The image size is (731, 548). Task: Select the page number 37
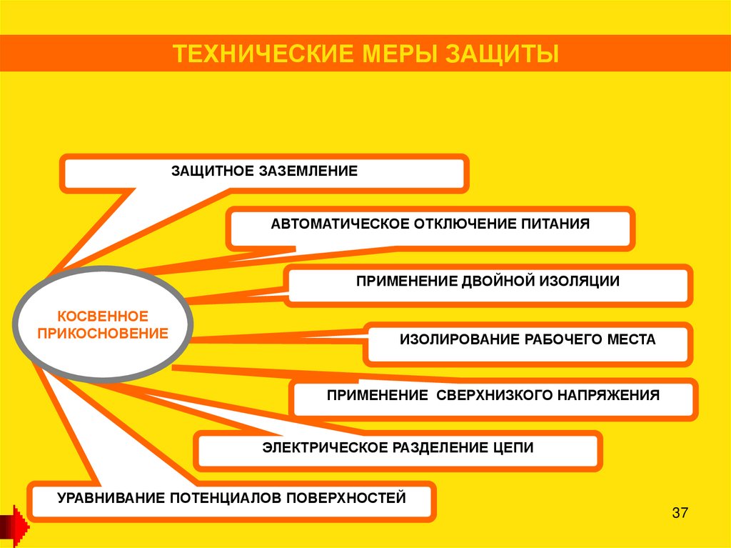pos(678,513)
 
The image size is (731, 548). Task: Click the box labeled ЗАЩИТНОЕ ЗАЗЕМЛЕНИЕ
pos(264,173)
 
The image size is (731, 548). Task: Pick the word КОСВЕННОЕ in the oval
pos(103,315)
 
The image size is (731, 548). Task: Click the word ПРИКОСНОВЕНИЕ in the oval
pos(103,333)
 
